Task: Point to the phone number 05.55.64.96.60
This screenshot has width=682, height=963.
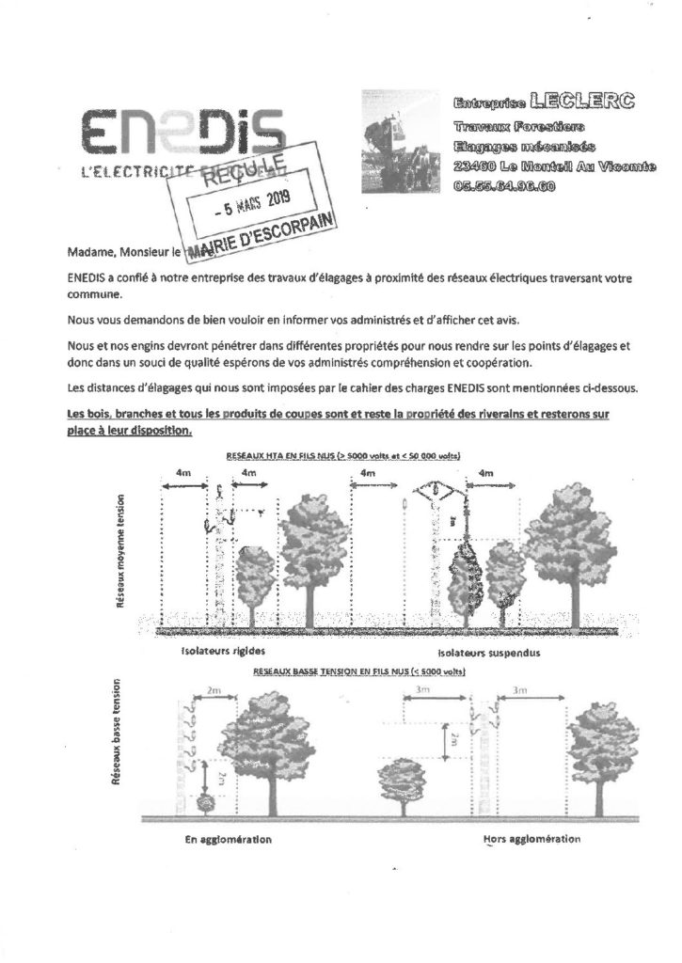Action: point(503,184)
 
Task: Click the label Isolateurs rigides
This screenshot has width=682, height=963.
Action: point(217,650)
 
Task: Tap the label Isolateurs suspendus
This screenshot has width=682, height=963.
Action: point(485,651)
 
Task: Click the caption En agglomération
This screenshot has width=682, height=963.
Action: point(229,839)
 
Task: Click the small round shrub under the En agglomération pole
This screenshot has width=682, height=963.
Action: point(205,804)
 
